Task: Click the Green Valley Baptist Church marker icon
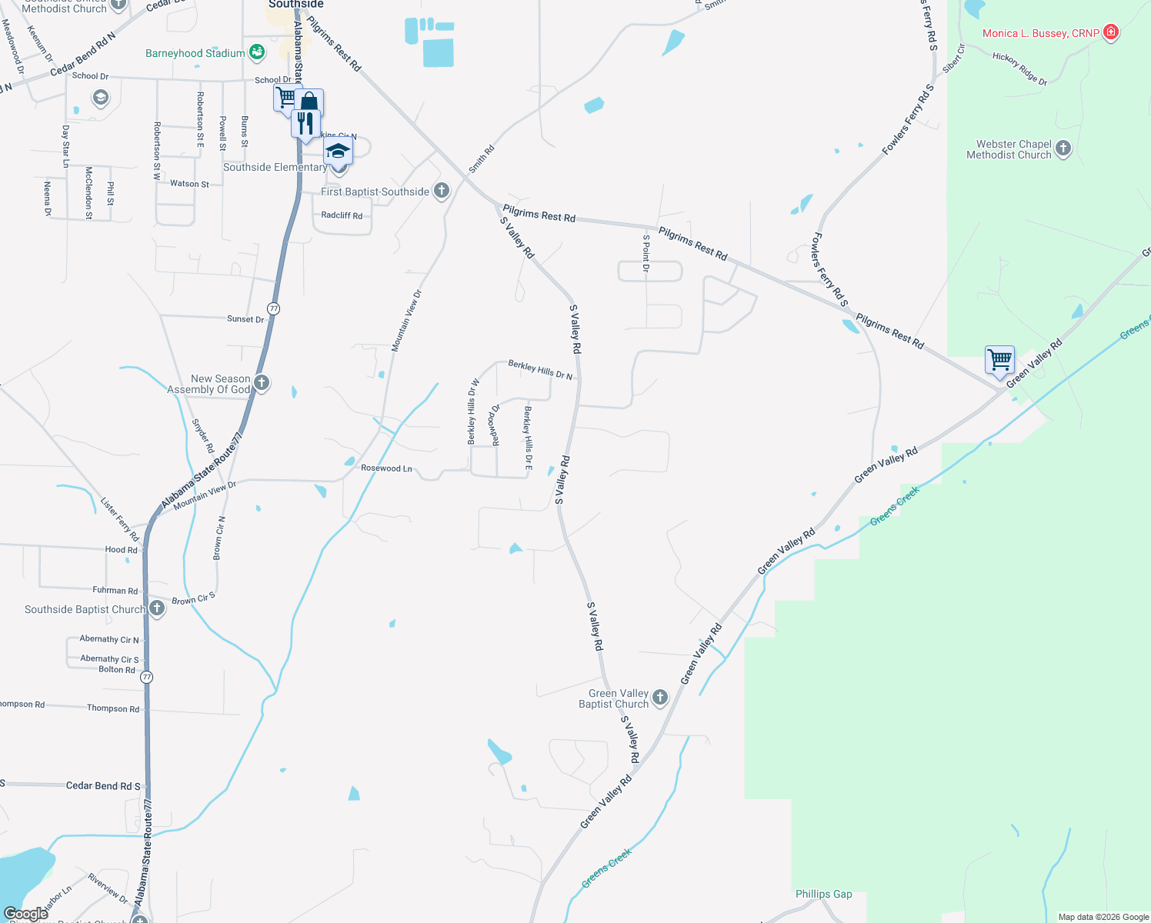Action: click(660, 698)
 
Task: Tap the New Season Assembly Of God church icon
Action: click(262, 383)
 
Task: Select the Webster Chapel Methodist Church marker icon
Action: click(1063, 148)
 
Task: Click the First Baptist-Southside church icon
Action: click(441, 191)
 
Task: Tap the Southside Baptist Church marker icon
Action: click(157, 608)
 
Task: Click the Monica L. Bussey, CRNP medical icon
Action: click(1110, 32)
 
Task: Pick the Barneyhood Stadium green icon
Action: click(257, 52)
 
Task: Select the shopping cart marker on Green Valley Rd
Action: click(999, 360)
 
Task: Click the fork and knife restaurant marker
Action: click(306, 123)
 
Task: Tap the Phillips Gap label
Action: click(823, 894)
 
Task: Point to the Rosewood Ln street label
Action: click(386, 468)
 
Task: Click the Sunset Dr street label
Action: click(245, 318)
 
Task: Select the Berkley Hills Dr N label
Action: click(540, 370)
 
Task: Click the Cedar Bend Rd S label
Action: click(103, 785)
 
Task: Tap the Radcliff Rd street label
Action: click(342, 215)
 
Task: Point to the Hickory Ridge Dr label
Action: click(1019, 68)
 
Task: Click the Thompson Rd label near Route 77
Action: click(113, 708)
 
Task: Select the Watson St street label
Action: click(189, 184)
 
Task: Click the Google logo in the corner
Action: click(25, 914)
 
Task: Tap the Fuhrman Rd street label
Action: click(115, 590)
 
